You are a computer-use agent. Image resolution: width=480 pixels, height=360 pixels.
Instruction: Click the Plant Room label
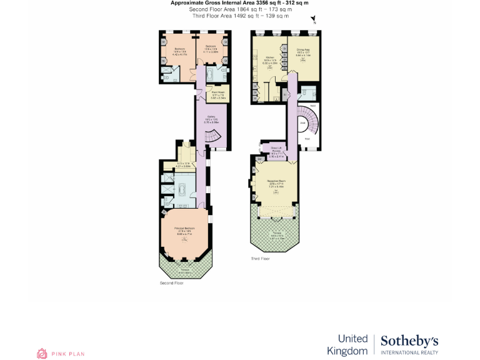[x=218, y=92]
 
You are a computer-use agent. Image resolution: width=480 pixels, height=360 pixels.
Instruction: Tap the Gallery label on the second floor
[x=211, y=117]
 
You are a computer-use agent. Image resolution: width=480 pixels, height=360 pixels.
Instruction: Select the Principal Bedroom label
[x=184, y=228]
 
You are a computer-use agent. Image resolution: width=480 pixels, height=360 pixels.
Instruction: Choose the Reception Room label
[x=276, y=181]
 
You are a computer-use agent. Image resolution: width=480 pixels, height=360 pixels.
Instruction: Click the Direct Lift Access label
[x=276, y=149]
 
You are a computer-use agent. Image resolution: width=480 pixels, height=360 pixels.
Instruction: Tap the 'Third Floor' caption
[x=260, y=259]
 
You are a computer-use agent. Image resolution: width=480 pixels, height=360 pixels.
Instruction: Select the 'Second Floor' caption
[x=171, y=283]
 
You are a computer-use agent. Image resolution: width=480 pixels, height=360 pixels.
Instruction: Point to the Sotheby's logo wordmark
[x=409, y=341]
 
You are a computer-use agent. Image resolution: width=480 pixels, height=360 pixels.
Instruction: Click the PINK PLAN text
[x=68, y=354]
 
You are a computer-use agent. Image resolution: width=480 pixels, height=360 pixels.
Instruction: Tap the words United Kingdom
[x=352, y=344]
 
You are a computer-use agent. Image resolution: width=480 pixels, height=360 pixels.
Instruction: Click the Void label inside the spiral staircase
[x=302, y=123]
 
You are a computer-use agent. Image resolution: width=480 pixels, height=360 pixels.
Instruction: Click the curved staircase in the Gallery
[x=214, y=138]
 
